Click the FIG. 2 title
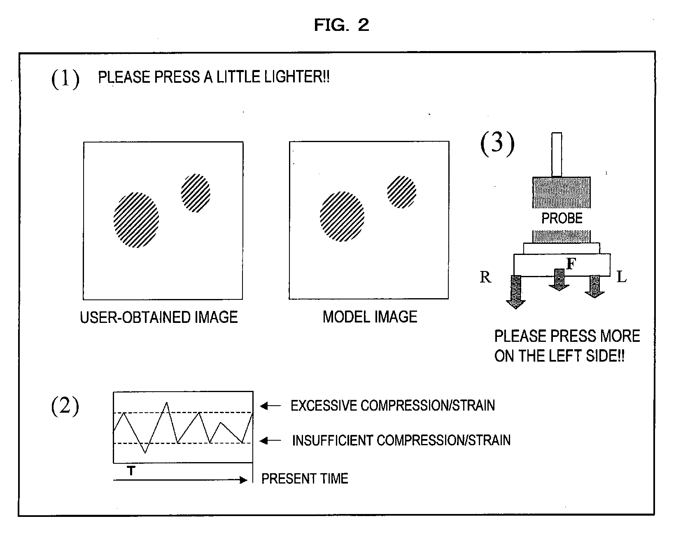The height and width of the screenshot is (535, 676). (x=341, y=25)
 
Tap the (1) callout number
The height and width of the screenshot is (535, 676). (x=65, y=79)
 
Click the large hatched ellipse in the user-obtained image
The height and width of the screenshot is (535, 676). (x=136, y=220)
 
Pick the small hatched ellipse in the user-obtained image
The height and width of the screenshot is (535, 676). (x=196, y=193)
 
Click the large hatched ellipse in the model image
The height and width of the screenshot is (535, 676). (x=342, y=216)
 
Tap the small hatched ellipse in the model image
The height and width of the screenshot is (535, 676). (x=401, y=192)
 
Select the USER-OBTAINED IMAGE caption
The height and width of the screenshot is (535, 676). (x=159, y=317)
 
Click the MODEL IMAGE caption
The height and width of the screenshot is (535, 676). (x=370, y=317)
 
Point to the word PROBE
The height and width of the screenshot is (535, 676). (x=562, y=218)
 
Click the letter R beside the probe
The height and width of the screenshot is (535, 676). (x=485, y=277)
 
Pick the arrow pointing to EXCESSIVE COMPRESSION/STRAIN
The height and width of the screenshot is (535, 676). (x=270, y=406)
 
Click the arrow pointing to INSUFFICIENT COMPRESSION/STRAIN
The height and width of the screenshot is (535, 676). (x=270, y=441)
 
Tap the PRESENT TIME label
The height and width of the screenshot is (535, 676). (x=305, y=479)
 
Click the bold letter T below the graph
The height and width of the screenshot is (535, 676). (x=131, y=470)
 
